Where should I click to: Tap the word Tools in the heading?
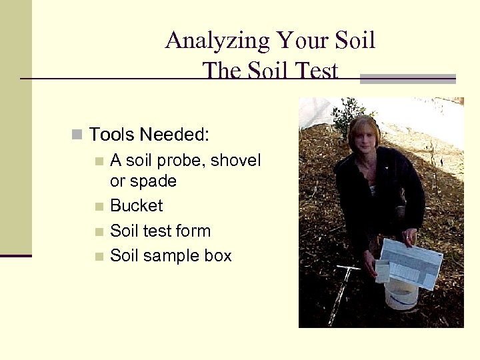coord(111,135)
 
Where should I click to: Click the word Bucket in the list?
coord(136,205)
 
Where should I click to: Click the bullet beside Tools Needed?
coord(77,135)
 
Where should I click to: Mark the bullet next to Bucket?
coord(99,206)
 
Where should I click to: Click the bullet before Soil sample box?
coord(99,256)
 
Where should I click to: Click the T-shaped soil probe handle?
coord(347,269)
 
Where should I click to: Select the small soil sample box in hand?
coord(383,272)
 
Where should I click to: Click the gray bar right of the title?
coord(407,78)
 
